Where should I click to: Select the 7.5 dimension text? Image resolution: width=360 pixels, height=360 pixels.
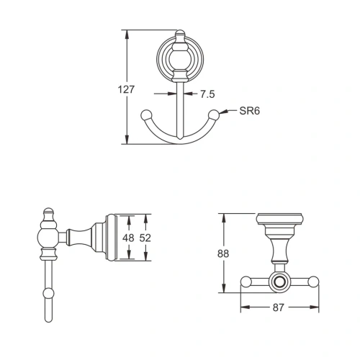click(x=207, y=94)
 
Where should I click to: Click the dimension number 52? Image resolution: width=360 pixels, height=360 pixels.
click(x=144, y=238)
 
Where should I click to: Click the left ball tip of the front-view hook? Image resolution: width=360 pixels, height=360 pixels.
click(x=146, y=114)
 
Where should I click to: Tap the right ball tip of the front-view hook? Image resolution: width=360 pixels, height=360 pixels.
click(x=214, y=114)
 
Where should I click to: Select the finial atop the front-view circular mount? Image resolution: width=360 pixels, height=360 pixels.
click(x=180, y=35)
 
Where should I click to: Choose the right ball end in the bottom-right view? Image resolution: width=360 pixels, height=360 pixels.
click(x=314, y=282)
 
